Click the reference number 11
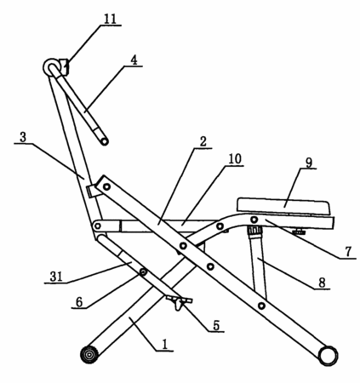[x=110, y=19]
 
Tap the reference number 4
[x=134, y=60]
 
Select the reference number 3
[x=23, y=137]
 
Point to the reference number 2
[x=203, y=142]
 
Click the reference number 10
[x=235, y=159]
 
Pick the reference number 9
[x=309, y=163]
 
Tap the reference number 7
[x=348, y=251]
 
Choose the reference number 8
[x=322, y=283]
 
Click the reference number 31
[x=56, y=277]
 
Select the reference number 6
[x=79, y=302]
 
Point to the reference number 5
[x=216, y=325]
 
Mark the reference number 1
[x=165, y=345]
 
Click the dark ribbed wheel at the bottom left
[x=89, y=355]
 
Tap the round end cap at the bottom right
[x=329, y=356]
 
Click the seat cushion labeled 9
[x=283, y=206]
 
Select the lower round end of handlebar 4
[x=105, y=141]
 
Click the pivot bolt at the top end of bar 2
[x=106, y=186]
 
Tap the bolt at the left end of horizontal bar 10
[x=97, y=226]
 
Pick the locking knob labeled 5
[x=179, y=303]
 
